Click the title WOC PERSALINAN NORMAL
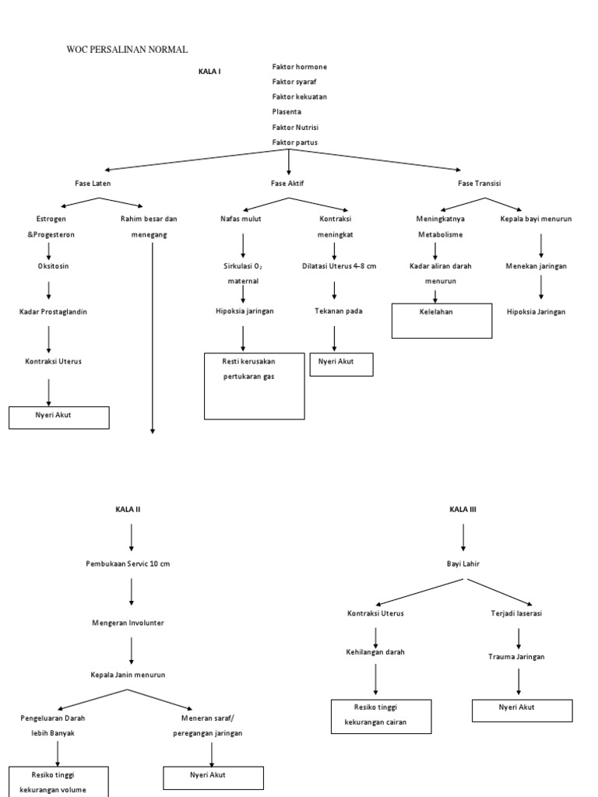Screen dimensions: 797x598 click(128, 50)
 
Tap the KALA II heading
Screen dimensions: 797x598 click(128, 509)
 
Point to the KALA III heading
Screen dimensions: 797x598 click(463, 509)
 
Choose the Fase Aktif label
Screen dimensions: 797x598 click(288, 183)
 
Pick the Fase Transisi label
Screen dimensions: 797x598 click(479, 183)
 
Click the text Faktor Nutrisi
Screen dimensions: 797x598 click(296, 127)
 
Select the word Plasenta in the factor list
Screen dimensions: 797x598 click(287, 112)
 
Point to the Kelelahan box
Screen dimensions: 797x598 click(441, 321)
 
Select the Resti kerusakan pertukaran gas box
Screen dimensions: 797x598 click(255, 385)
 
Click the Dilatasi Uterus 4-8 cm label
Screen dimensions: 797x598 click(339, 265)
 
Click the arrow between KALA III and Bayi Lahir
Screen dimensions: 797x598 click(463, 536)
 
